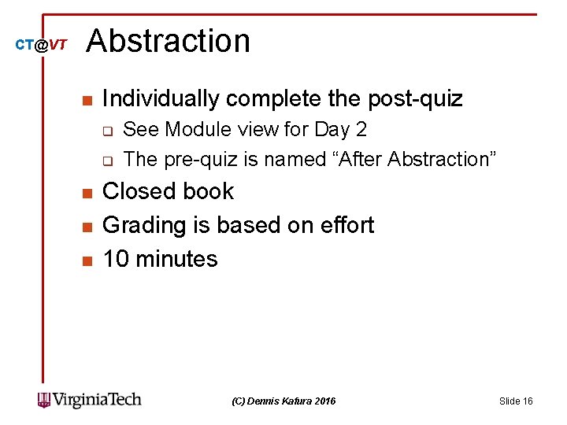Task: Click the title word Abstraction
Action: pos(168,41)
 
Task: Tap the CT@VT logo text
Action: pos(42,46)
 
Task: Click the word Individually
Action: pos(161,99)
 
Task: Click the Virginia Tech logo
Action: pos(90,400)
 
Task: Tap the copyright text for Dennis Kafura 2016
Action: pos(284,401)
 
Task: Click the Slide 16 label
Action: pos(516,401)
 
